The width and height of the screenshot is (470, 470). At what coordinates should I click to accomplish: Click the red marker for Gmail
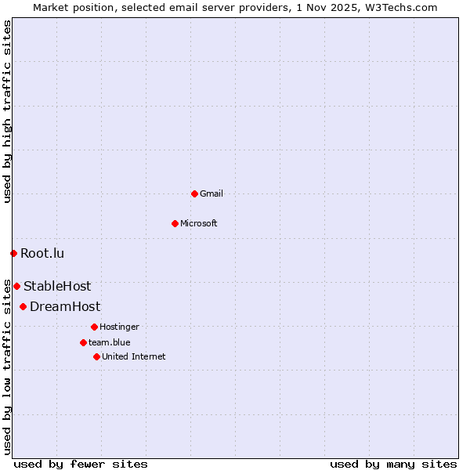(x=194, y=193)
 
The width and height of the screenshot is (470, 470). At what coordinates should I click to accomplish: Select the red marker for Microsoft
(x=175, y=223)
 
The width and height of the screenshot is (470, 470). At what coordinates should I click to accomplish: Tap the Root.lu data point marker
(x=13, y=253)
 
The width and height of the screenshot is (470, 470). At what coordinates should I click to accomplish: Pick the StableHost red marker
(x=16, y=286)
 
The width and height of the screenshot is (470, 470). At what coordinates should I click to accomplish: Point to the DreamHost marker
(x=23, y=306)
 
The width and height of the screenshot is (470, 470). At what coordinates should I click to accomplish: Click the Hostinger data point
(x=94, y=327)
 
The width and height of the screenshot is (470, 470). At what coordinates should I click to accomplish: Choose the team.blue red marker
(x=83, y=342)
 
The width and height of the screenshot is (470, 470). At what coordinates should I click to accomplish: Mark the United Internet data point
(x=96, y=356)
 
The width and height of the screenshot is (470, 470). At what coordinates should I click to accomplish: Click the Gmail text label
(x=211, y=193)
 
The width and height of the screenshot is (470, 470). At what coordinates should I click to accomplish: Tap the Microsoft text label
(x=198, y=223)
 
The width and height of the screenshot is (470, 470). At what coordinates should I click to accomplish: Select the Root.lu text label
(x=42, y=253)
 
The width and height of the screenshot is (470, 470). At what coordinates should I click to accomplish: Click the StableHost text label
(x=57, y=286)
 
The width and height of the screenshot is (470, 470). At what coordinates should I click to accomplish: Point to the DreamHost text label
(x=65, y=306)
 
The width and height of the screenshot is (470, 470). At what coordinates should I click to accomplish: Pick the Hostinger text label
(x=119, y=327)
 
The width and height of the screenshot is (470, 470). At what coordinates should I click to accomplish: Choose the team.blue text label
(x=110, y=342)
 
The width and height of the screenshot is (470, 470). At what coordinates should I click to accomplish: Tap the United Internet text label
(x=134, y=356)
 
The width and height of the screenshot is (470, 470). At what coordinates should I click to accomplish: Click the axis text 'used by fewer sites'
(x=81, y=464)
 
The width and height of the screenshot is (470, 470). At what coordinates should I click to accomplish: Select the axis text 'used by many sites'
(x=393, y=464)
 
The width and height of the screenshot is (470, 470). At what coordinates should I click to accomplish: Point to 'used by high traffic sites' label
(x=7, y=111)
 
